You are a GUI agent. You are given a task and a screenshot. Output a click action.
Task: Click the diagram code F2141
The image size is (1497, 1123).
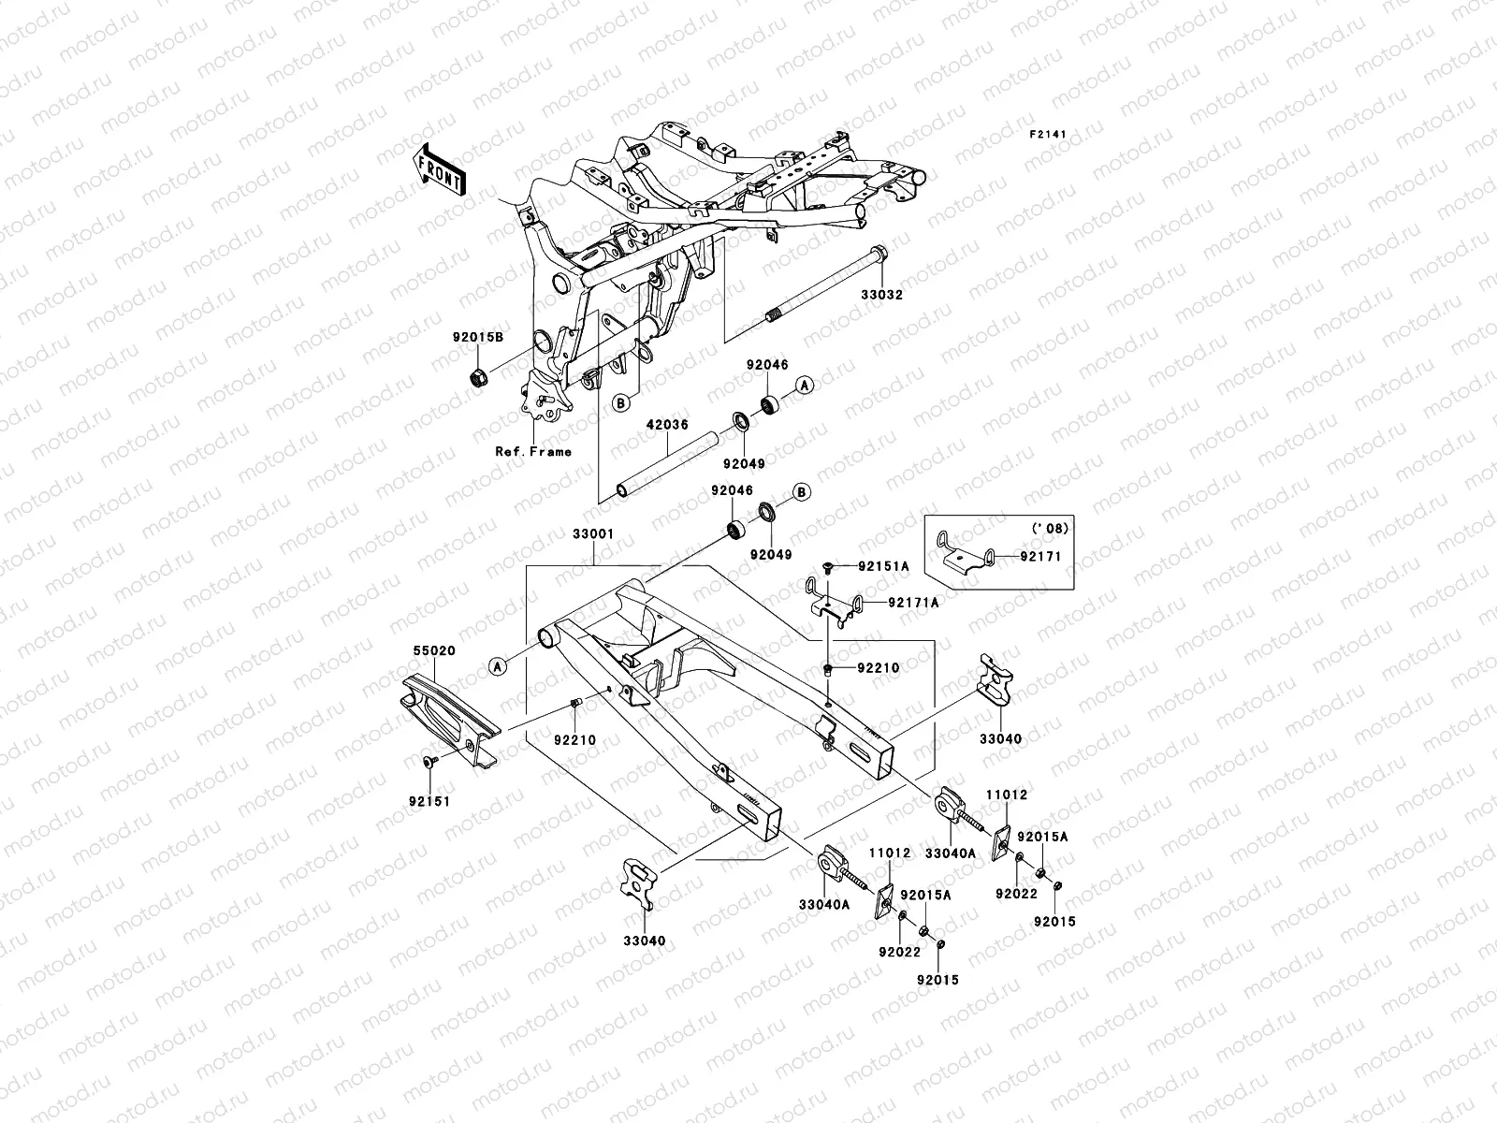[x=1048, y=135]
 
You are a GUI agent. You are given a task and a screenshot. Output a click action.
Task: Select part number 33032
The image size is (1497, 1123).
[x=882, y=293]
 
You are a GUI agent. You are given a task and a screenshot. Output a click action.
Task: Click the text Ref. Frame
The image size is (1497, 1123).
[x=533, y=451]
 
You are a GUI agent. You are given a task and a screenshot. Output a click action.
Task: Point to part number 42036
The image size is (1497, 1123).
[x=667, y=424]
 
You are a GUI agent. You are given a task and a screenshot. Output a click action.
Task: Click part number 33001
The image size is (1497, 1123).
[x=594, y=534]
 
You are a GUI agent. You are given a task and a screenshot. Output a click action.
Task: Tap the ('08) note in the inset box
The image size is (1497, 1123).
[x=1051, y=529]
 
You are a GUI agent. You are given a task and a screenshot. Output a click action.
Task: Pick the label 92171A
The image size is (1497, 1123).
[x=912, y=604]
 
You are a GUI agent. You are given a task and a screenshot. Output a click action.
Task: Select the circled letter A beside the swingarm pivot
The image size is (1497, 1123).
[x=498, y=665]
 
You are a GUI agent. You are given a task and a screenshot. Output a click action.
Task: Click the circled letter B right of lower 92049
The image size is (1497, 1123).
[x=801, y=492]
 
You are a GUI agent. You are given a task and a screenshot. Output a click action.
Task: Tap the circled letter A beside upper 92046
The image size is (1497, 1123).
[x=804, y=385]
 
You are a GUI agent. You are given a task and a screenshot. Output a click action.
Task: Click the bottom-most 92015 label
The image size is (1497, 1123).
[x=937, y=980]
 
